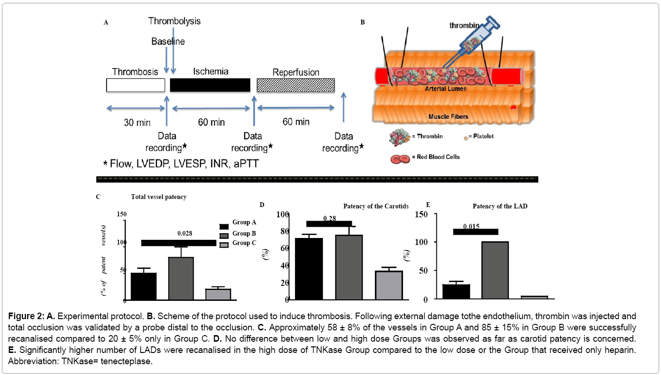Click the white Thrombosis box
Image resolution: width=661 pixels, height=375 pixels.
(x=135, y=85)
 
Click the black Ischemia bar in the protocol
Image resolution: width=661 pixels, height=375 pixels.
(x=210, y=85)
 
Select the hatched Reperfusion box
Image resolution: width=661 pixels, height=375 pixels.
(x=296, y=85)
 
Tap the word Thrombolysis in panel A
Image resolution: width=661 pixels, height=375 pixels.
(x=174, y=21)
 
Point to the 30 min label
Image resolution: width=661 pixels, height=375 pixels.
(x=137, y=122)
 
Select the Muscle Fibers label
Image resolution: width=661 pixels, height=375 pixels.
(x=448, y=116)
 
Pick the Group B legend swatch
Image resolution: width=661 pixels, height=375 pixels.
(x=225, y=234)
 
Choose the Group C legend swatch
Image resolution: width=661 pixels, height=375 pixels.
(x=225, y=243)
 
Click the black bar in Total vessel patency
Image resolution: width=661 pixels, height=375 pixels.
(x=143, y=286)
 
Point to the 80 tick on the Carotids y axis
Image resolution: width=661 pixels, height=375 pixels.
(x=282, y=231)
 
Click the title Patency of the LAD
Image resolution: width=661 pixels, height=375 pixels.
(x=500, y=206)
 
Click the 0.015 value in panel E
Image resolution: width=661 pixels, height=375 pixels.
(x=471, y=226)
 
